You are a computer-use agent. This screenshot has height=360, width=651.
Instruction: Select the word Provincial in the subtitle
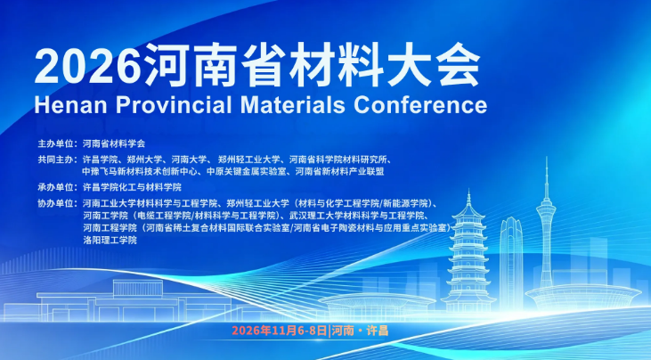coord(174,105)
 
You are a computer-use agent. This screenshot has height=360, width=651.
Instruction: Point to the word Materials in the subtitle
coord(293,105)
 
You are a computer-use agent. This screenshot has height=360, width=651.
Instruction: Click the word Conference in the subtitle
coord(420,105)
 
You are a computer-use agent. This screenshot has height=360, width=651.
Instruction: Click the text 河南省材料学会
coord(114,144)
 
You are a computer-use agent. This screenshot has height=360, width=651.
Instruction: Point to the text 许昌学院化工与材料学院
coord(132,187)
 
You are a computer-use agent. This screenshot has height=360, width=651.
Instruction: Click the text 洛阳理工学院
coord(110,240)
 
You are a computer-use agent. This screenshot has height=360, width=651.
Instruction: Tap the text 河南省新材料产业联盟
coord(339,171)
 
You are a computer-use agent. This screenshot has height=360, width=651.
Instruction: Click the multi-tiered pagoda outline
coord(468,253)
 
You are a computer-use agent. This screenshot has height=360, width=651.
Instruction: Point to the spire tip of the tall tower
coord(547,158)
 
